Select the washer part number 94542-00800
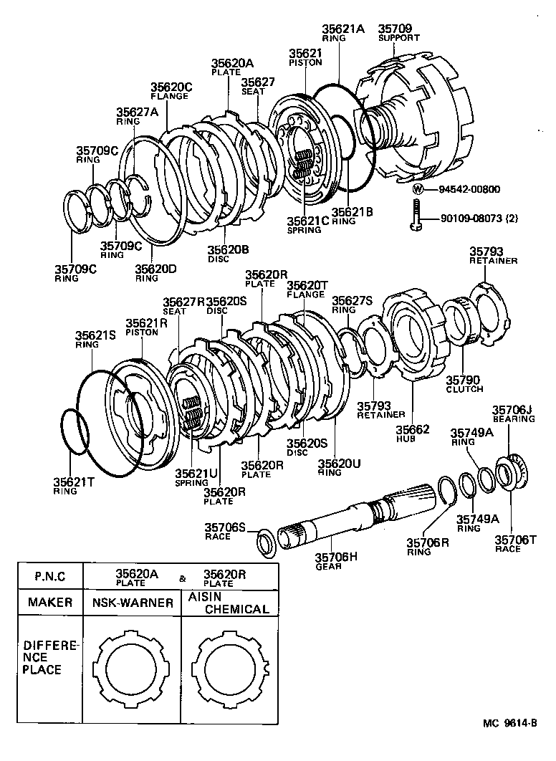point(465,190)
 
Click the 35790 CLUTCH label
point(464,384)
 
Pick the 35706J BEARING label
point(512,413)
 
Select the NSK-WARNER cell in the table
point(133,603)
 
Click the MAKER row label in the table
point(50,603)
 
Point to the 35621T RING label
point(75,487)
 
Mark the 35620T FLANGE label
point(307,289)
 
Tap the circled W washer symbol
point(418,190)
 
